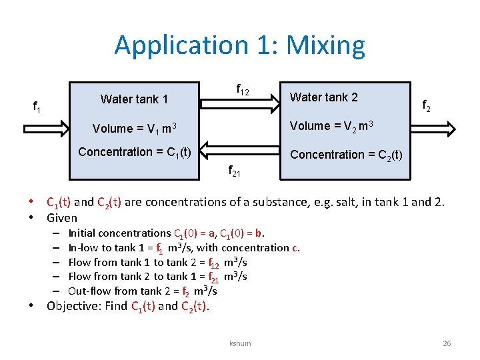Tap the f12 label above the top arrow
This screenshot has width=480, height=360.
(x=243, y=89)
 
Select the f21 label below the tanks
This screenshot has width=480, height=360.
(x=235, y=171)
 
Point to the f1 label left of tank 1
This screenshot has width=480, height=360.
(x=37, y=105)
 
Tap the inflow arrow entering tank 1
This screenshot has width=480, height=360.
(x=47, y=128)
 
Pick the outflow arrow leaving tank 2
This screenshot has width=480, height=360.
(x=434, y=128)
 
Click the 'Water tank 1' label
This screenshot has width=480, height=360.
(x=134, y=99)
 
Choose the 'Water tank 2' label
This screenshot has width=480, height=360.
(x=323, y=97)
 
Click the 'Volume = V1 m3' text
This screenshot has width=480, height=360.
(x=134, y=128)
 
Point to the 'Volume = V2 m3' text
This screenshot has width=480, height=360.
(x=331, y=126)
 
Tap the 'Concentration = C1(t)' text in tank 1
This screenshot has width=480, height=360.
(x=135, y=152)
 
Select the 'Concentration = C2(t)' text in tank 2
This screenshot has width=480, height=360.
(x=345, y=155)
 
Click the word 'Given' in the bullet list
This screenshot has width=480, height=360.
(x=62, y=218)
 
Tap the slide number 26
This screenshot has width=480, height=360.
(x=447, y=343)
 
